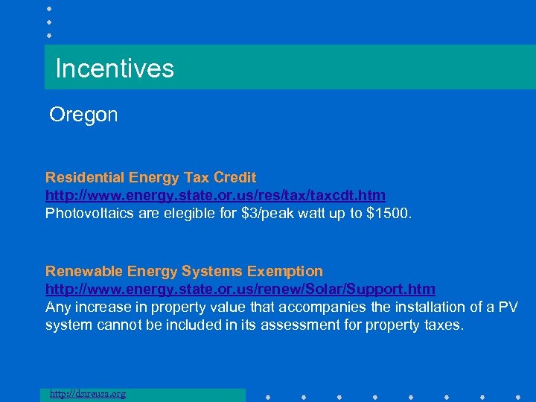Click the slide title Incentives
pos(115,68)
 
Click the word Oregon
pos(83,115)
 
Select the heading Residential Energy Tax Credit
pos(150,177)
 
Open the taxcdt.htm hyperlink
pos(215,195)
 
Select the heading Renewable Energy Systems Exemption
pos(184,271)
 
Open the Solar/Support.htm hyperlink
pos(240,288)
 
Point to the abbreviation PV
pos(507,306)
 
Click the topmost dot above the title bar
pos(49,8)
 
